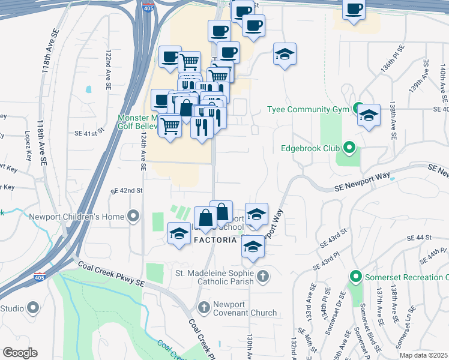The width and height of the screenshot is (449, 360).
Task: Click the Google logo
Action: (20, 352)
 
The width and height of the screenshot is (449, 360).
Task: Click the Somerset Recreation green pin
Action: (355, 277)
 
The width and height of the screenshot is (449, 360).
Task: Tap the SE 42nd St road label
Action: (126, 190)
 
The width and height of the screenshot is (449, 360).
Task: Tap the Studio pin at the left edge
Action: (33, 308)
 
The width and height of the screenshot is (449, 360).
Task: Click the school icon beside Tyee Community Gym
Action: (369, 114)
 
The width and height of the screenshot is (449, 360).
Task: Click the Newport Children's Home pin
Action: (133, 216)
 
